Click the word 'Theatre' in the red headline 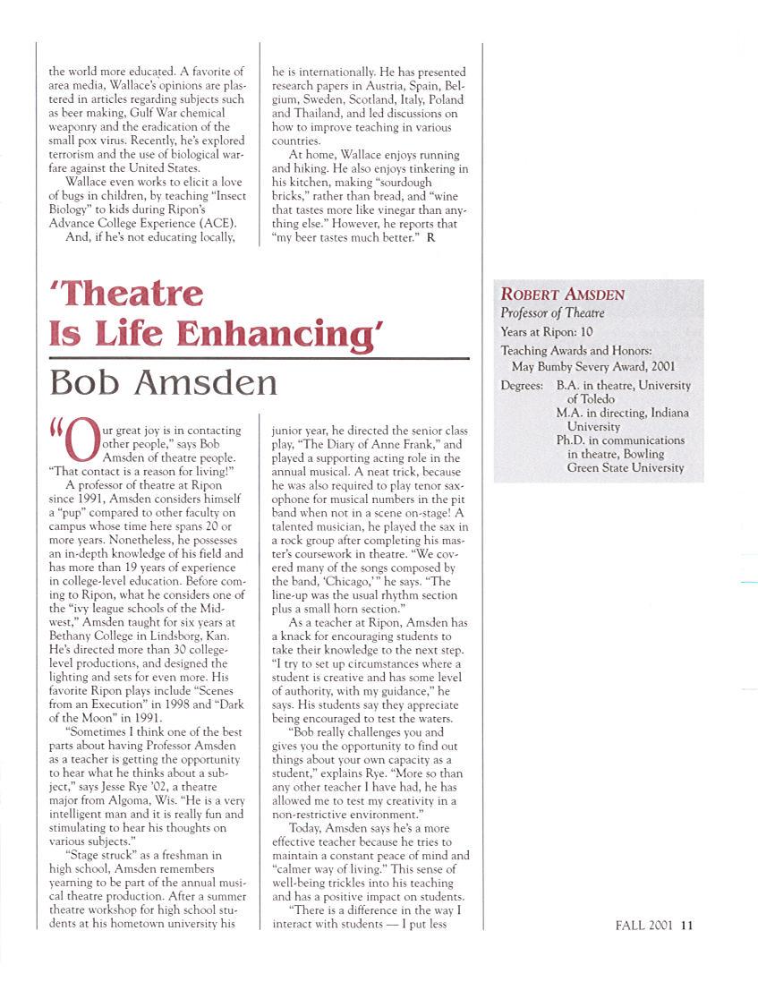pos(131,294)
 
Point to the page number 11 pos(686,926)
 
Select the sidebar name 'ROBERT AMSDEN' pos(562,295)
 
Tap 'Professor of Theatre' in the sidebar pos(552,313)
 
